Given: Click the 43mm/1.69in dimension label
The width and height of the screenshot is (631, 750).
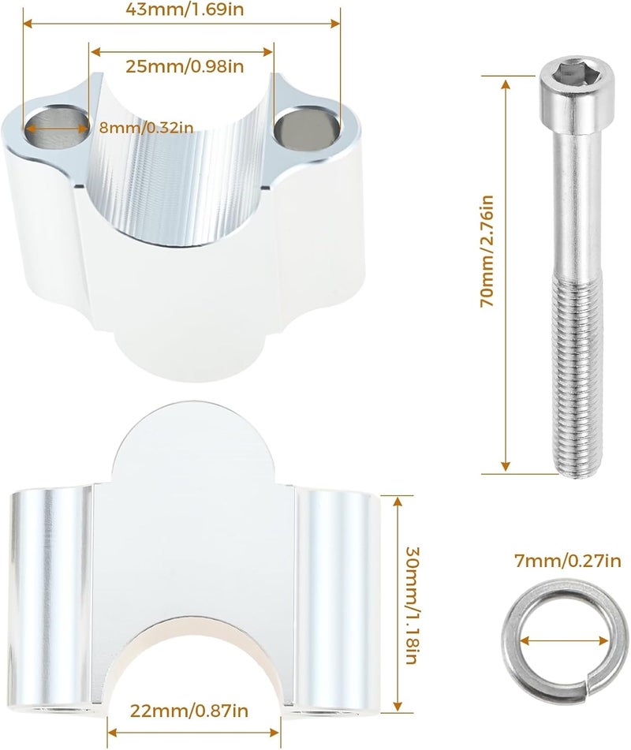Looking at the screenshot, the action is (185, 9).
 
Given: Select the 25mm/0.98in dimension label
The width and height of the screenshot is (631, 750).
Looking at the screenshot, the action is (185, 66).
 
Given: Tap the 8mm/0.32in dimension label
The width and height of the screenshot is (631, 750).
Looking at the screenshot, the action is (147, 128).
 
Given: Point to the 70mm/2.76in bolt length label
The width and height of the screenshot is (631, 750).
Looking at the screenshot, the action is (487, 251).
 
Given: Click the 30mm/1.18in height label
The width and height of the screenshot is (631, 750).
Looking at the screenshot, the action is (412, 605).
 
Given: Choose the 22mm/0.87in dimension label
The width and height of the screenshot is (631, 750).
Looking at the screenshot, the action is (189, 711).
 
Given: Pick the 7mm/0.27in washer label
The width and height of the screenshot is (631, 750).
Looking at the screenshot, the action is (567, 560).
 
